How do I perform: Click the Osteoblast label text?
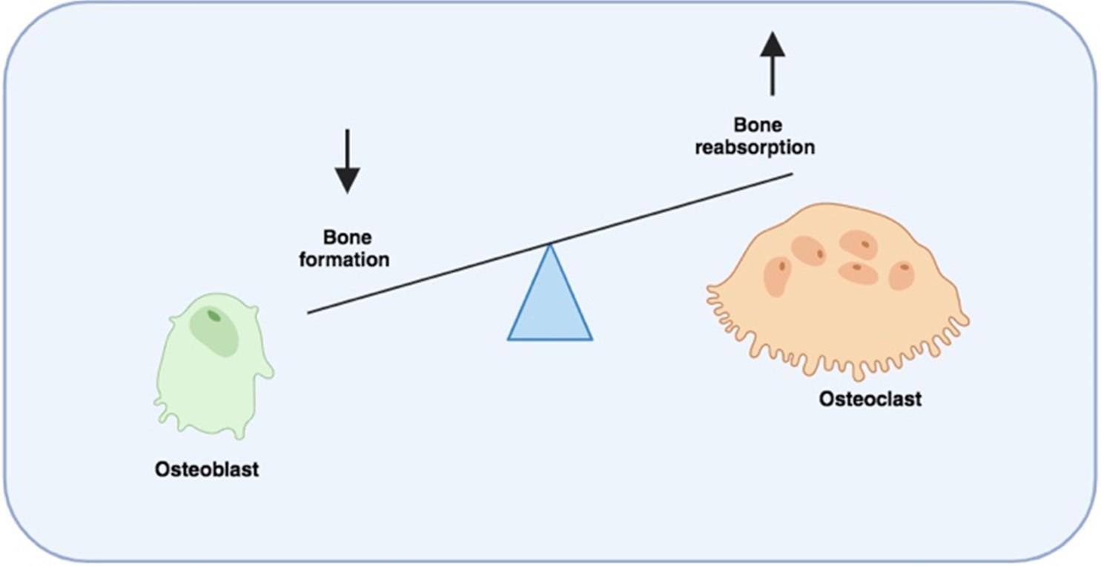coord(206,469)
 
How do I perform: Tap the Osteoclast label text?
coord(870,398)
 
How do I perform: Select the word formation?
coord(344,259)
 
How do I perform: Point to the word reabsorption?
coord(755,148)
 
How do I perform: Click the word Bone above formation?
coord(347,237)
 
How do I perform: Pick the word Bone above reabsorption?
coord(758,125)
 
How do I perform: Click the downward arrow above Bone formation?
coord(348,161)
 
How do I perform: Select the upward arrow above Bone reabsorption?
coord(773,64)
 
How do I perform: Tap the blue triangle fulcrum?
coord(550,305)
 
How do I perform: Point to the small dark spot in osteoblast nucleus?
coord(214,316)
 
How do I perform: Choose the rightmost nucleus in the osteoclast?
coord(902,275)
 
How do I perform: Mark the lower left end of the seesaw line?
coord(308,313)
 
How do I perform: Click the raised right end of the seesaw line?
coord(793,174)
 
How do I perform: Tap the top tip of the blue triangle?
coord(550,244)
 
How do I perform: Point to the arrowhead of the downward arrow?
coord(348,180)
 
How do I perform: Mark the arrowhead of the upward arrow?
coord(773,45)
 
